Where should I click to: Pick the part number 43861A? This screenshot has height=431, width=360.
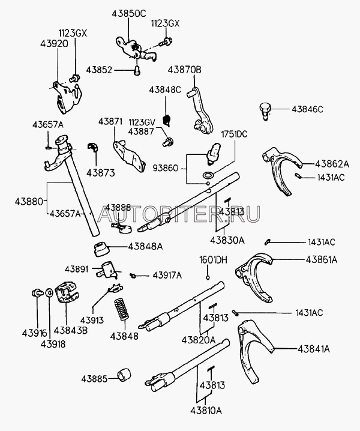[322, 259]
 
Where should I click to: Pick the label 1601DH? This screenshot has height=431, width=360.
[213, 261]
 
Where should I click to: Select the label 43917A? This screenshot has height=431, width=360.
[166, 275]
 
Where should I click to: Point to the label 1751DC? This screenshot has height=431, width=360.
[235, 134]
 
